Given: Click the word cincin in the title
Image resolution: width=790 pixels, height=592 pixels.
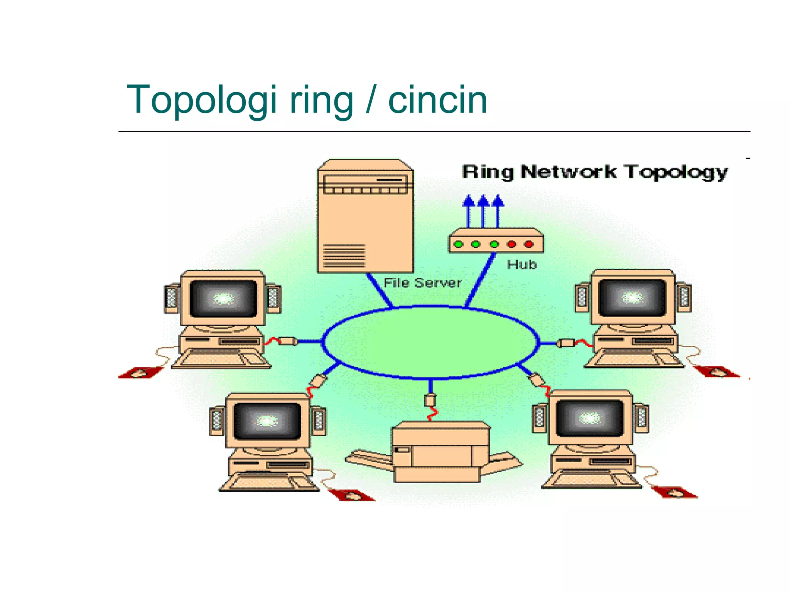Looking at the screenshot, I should point(437,100).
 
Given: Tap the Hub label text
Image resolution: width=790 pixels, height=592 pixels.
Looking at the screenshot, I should point(522,265).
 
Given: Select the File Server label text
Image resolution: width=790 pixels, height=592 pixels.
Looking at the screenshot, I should point(422,283).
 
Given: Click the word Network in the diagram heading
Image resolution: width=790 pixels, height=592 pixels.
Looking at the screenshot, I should point(569,172).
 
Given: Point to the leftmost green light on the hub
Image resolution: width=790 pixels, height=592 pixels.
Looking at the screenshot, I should point(459,244).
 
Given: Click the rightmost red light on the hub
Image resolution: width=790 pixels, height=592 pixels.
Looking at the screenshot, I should point(529,244).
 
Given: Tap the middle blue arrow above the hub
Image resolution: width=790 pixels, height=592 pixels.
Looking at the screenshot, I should point(483,210).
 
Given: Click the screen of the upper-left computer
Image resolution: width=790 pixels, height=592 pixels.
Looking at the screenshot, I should point(223,299).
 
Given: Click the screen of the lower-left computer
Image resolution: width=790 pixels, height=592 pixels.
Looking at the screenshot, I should point(267,421).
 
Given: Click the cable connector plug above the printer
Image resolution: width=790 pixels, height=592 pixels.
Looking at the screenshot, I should point(430,400).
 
